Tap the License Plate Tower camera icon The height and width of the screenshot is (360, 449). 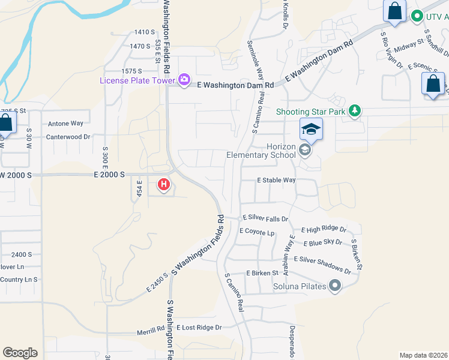(184, 79)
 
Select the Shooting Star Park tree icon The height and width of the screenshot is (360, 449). (355, 110)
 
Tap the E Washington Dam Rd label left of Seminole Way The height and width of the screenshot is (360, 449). (236, 85)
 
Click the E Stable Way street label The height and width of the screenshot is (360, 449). (276, 180)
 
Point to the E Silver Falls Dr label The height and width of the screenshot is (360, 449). (265, 220)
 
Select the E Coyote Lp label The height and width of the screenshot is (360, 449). (257, 231)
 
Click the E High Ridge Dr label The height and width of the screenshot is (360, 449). (324, 230)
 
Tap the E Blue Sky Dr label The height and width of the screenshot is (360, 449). (322, 243)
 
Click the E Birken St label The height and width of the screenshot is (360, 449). (262, 273)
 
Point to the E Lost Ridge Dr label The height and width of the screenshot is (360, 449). (199, 328)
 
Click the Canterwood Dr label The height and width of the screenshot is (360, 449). (68, 137)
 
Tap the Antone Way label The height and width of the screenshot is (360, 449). (65, 124)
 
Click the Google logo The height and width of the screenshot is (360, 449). (20, 353)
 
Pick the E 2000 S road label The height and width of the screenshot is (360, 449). (109, 174)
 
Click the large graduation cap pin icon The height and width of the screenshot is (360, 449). (312, 130)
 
